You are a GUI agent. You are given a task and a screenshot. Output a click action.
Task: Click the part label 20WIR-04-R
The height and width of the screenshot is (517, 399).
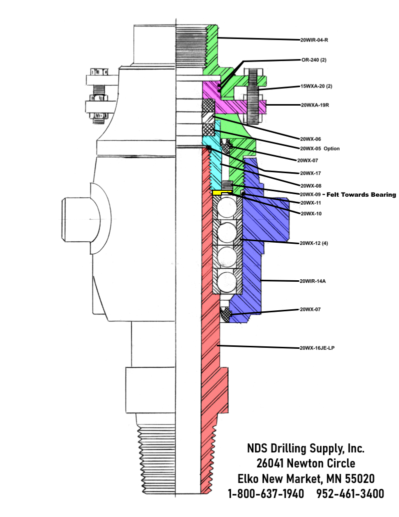point(314,40)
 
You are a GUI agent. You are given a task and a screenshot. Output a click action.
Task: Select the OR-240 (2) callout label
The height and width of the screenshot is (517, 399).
point(314,60)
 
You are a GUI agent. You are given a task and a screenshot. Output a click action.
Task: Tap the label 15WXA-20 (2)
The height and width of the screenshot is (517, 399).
point(316,87)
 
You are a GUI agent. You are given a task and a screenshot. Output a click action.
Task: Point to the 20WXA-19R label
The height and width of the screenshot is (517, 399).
point(315,105)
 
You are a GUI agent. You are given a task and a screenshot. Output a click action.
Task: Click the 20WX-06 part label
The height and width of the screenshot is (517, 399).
point(310,139)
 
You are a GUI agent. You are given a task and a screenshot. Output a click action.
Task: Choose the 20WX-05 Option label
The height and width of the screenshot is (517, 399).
point(320,149)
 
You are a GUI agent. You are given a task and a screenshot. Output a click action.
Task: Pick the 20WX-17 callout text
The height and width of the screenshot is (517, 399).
point(310,174)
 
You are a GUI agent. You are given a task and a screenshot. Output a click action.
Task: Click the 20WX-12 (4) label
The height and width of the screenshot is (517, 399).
point(313,243)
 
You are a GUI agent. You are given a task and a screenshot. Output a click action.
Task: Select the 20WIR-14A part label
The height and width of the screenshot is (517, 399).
point(312,281)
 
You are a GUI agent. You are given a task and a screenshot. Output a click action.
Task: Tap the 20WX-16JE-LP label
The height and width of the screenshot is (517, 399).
point(317,348)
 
